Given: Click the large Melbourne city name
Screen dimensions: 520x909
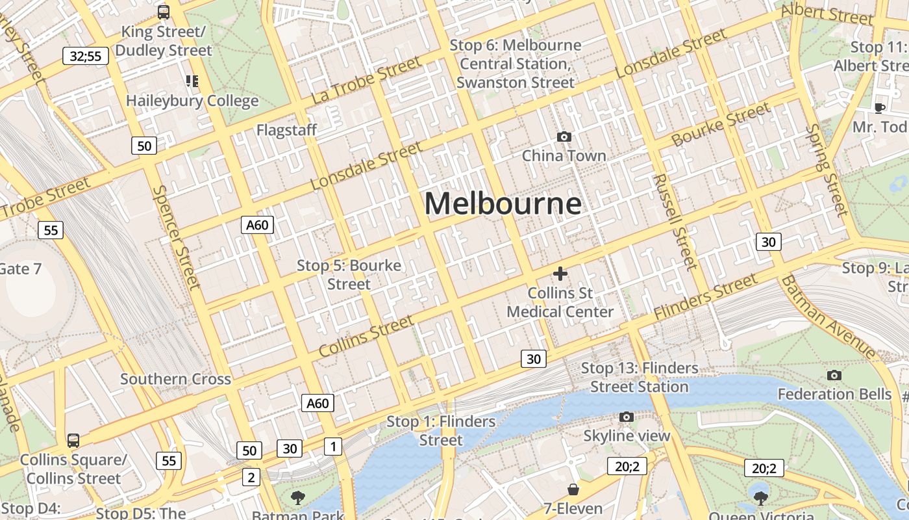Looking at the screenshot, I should [x=503, y=203].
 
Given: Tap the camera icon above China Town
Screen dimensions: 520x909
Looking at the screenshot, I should [x=564, y=136].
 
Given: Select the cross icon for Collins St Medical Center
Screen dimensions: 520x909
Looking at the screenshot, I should [x=560, y=274].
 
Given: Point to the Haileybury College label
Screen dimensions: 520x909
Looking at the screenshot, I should [x=192, y=101].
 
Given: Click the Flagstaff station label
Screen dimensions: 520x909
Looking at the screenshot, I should [x=286, y=130].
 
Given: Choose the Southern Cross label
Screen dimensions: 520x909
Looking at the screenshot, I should [x=175, y=379].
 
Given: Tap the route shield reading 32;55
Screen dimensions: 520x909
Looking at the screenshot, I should [x=86, y=56].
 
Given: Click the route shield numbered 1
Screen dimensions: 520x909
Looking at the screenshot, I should [x=333, y=447].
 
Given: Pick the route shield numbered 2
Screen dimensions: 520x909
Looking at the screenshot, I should [x=251, y=478].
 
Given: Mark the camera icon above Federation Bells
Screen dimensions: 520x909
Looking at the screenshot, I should [x=834, y=375].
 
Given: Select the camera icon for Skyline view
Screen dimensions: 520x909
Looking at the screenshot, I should [x=626, y=417].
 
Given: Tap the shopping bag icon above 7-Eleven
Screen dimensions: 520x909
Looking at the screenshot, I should [x=573, y=489].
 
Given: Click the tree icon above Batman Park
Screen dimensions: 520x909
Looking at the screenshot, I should [x=298, y=498].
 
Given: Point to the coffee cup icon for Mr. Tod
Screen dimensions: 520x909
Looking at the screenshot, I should [x=880, y=107].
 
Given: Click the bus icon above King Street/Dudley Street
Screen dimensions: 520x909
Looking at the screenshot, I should [x=164, y=12].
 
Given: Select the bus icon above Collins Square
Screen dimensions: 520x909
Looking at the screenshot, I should [x=73, y=440].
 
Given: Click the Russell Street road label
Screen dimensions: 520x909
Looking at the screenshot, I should [x=675, y=221].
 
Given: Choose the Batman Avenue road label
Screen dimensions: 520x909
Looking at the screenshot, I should [x=828, y=317].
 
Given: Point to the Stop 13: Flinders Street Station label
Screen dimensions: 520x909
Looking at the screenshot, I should [x=640, y=377].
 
